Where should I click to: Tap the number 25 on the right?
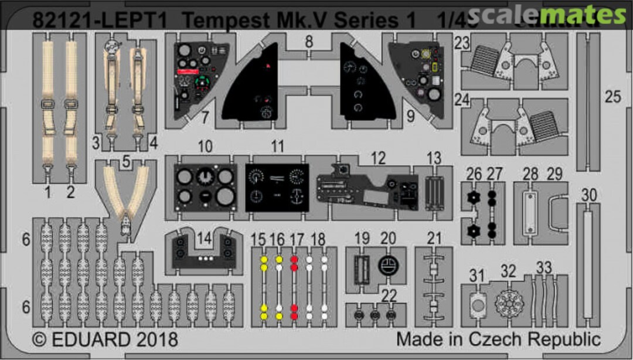click(x=612, y=96)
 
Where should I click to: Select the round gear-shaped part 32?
click(x=508, y=304)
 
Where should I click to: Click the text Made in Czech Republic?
click(x=498, y=339)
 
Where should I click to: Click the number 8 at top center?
click(x=309, y=42)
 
